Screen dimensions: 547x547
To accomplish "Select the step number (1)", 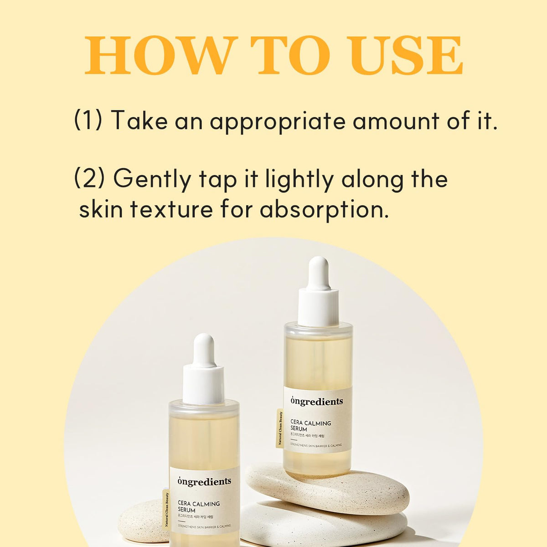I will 88,119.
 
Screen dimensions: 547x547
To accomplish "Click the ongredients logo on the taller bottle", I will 316,401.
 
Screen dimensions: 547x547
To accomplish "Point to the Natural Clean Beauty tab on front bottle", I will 166,509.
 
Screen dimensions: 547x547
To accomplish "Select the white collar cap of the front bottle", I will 203,383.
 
